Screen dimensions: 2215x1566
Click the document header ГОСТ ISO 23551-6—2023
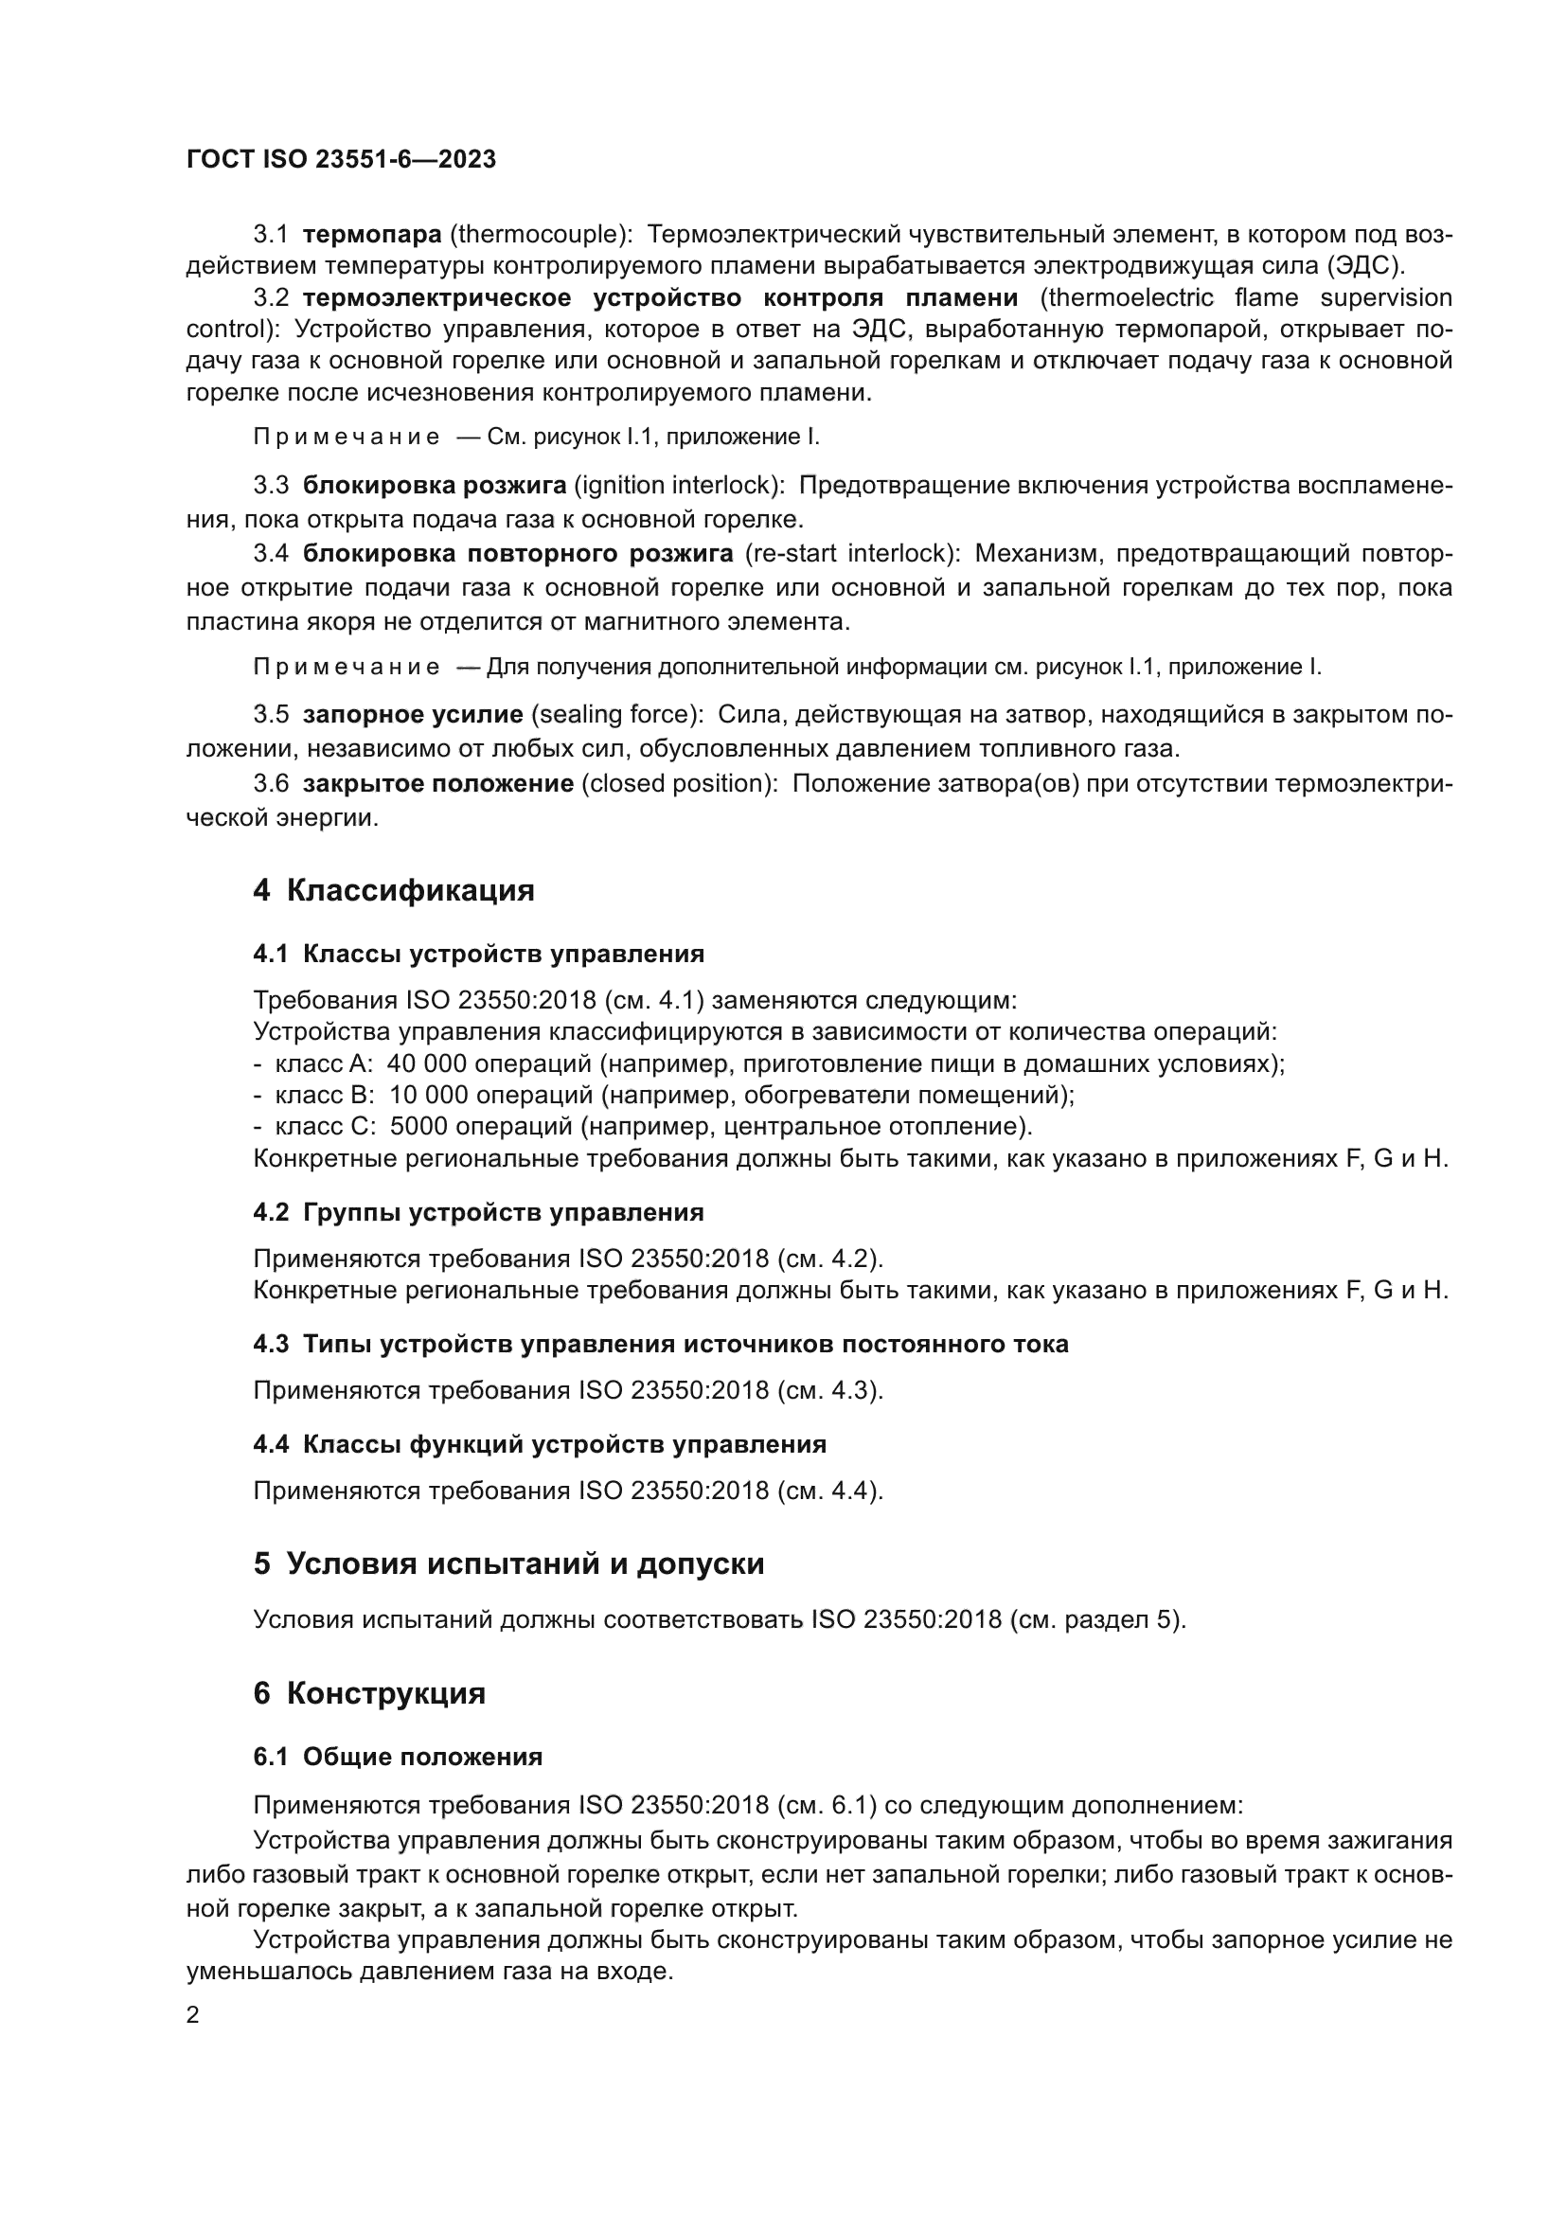coord(341,159)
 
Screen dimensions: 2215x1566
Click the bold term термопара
coord(371,234)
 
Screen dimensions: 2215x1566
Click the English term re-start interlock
coord(851,554)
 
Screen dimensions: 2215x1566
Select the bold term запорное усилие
coord(413,715)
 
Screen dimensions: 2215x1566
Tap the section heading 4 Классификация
coord(394,889)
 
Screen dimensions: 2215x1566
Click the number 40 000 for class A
coord(427,1063)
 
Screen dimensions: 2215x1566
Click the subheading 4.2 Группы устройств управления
coord(478,1212)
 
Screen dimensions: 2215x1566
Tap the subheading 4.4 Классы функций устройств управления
coord(539,1444)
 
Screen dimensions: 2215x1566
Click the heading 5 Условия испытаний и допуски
coord(508,1563)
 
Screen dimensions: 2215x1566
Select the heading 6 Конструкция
coord(369,1693)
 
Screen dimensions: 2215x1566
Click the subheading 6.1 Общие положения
coord(398,1757)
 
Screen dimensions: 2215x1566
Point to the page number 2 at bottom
coord(193,2014)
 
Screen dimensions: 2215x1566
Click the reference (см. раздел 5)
coord(1097,1618)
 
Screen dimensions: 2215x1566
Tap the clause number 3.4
coord(270,554)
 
